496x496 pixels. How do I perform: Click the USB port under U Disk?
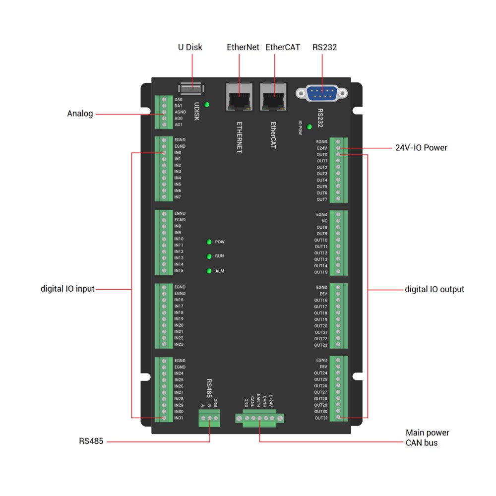tap(190, 89)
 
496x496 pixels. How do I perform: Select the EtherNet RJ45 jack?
tap(239, 97)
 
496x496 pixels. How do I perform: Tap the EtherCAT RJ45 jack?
tap(273, 97)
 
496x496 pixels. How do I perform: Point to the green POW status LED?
tap(209, 242)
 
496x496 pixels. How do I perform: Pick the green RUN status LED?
tap(209, 256)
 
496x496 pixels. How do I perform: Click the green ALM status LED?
tap(209, 271)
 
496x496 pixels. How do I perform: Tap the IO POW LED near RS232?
tap(310, 127)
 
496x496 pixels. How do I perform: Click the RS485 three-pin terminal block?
tap(209, 420)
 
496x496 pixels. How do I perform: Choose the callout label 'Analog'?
tap(80, 114)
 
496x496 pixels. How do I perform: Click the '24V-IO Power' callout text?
tap(421, 148)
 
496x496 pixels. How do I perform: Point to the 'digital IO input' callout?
tap(67, 289)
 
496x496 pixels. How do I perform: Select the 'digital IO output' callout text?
tap(434, 289)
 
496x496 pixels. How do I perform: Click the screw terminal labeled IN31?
tap(164, 418)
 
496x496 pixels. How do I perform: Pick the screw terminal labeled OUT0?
tap(338, 155)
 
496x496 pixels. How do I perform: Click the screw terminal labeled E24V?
tap(338, 148)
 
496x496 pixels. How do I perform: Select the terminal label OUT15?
tap(321, 272)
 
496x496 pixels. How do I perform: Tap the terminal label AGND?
tap(180, 112)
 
